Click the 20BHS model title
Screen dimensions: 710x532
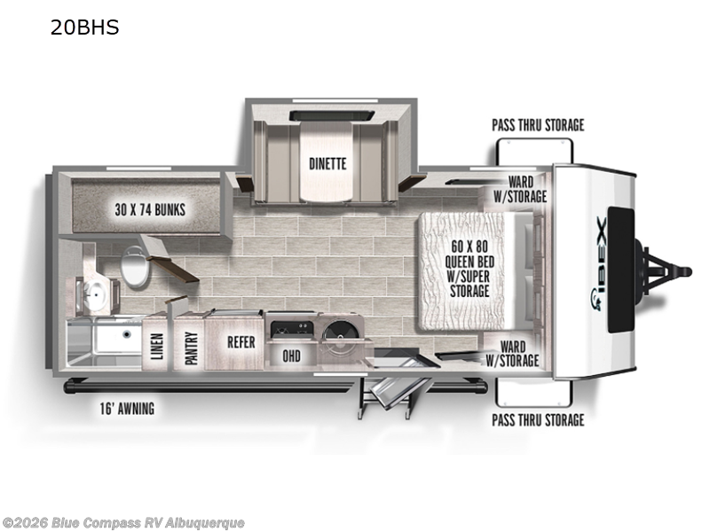click(x=84, y=27)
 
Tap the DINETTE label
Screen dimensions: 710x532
click(x=327, y=164)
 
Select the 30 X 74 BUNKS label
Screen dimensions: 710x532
click(x=150, y=210)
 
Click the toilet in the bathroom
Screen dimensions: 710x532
click(x=135, y=267)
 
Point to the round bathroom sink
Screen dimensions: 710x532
click(x=95, y=296)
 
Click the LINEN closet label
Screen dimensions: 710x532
click(x=157, y=347)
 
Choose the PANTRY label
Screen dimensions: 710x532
click(x=192, y=348)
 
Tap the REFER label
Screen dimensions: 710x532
click(x=241, y=342)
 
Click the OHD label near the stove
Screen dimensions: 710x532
click(x=291, y=356)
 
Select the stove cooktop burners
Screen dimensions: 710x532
click(x=292, y=329)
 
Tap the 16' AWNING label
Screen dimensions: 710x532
click(x=127, y=409)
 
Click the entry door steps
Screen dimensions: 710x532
click(x=390, y=395)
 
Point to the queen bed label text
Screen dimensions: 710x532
click(x=469, y=269)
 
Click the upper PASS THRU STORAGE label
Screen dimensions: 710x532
click(x=538, y=125)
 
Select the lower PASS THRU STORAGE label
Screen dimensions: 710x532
click(x=538, y=420)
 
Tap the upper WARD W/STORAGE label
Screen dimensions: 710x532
click(x=520, y=189)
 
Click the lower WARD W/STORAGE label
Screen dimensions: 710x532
click(x=513, y=353)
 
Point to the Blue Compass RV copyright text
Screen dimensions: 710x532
click(x=123, y=523)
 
